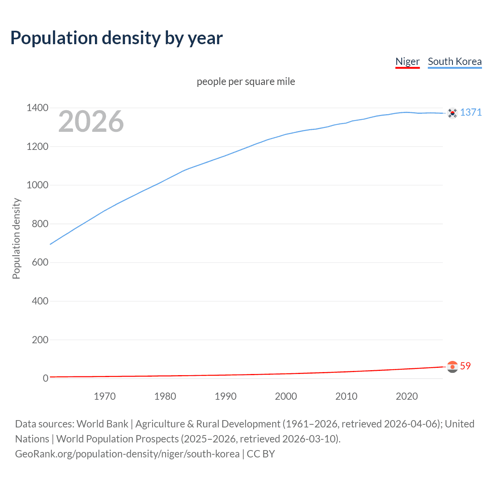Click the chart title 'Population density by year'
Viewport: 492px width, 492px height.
[x=116, y=38]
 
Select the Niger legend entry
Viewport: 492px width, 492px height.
[x=407, y=61]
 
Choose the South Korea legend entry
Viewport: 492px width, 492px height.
[x=454, y=61]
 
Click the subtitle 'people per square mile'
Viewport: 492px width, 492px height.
[x=246, y=81]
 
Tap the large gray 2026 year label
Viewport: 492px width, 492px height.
[x=91, y=121]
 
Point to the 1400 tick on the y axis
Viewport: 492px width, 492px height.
[x=37, y=108]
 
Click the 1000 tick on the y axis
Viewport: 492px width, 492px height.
[x=37, y=185]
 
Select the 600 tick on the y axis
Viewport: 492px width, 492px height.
[x=40, y=262]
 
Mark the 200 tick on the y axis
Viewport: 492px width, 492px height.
[x=40, y=339]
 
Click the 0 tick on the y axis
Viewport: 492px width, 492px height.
[x=45, y=378]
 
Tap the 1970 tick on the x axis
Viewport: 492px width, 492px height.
[x=105, y=396]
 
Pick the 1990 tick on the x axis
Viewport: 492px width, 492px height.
[x=226, y=396]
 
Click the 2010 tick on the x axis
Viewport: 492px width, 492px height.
[x=346, y=396]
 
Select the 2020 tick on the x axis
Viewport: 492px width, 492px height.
[x=407, y=396]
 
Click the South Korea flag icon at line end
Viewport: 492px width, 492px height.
[x=452, y=113]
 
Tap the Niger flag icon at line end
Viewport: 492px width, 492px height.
[x=452, y=367]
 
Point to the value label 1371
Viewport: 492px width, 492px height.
[x=471, y=112]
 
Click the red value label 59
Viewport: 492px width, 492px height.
[x=465, y=366]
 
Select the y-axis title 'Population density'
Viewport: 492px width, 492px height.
[x=16, y=238]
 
